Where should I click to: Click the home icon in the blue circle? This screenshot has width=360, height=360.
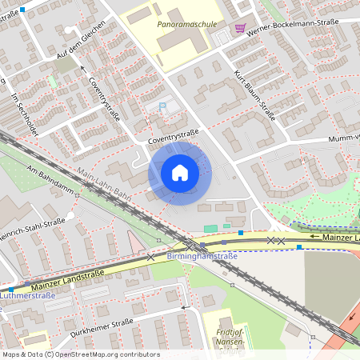180,173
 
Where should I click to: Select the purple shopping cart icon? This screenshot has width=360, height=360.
240,27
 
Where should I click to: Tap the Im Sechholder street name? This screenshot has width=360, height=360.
26,111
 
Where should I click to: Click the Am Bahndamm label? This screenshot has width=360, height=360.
50,179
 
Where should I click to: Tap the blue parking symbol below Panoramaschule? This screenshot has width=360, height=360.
164,105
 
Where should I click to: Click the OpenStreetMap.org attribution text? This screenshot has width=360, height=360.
99,354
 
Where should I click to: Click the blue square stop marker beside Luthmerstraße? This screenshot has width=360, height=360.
11,290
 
